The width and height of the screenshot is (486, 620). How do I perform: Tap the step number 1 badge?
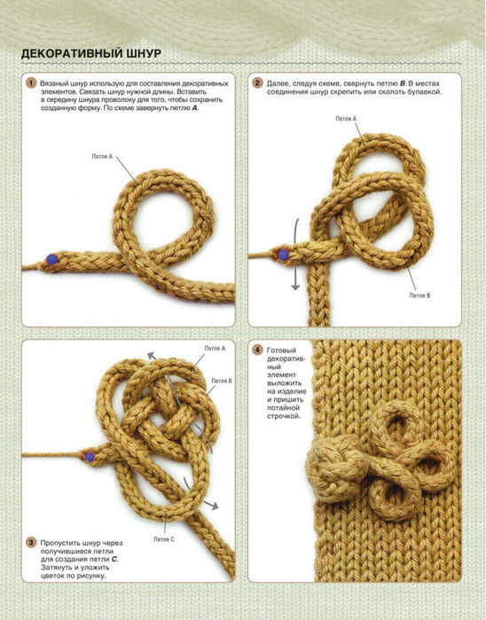[x=31, y=83]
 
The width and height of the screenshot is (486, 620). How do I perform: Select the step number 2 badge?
[x=257, y=83]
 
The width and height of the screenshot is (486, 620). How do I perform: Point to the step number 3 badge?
[x=31, y=543]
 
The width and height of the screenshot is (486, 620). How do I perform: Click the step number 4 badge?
[x=257, y=350]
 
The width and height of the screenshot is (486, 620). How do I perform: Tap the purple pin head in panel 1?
[x=51, y=259]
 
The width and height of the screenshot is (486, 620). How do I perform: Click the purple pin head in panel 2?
[x=283, y=255]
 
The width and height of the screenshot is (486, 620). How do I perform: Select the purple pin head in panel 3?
[x=90, y=457]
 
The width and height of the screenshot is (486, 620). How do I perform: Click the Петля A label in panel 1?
[x=102, y=157]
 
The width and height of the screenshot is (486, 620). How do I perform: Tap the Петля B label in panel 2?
[x=419, y=295]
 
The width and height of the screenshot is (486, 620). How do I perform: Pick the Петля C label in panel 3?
[x=164, y=539]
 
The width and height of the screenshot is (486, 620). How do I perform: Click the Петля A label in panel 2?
[x=346, y=119]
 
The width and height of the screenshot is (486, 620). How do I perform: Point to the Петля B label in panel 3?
[x=222, y=381]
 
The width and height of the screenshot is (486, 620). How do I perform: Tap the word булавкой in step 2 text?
[x=426, y=92]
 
